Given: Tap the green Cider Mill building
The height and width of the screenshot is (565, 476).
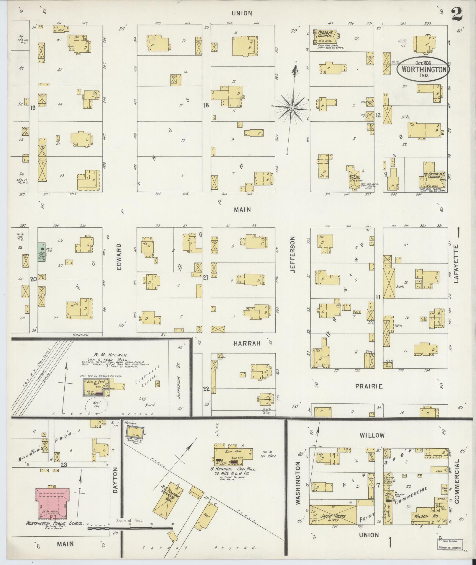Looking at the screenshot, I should (41, 252).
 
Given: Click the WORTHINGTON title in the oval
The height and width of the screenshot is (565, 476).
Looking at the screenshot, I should (423, 69).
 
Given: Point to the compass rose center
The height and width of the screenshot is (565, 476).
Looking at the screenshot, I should (292, 108).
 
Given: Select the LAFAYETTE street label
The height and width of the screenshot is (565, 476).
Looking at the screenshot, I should (457, 264).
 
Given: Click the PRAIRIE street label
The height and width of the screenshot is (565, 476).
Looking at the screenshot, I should (369, 386).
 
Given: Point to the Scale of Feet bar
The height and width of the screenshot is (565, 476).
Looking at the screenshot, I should (130, 528).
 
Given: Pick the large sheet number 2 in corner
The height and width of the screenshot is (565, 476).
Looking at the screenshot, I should (456, 14).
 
